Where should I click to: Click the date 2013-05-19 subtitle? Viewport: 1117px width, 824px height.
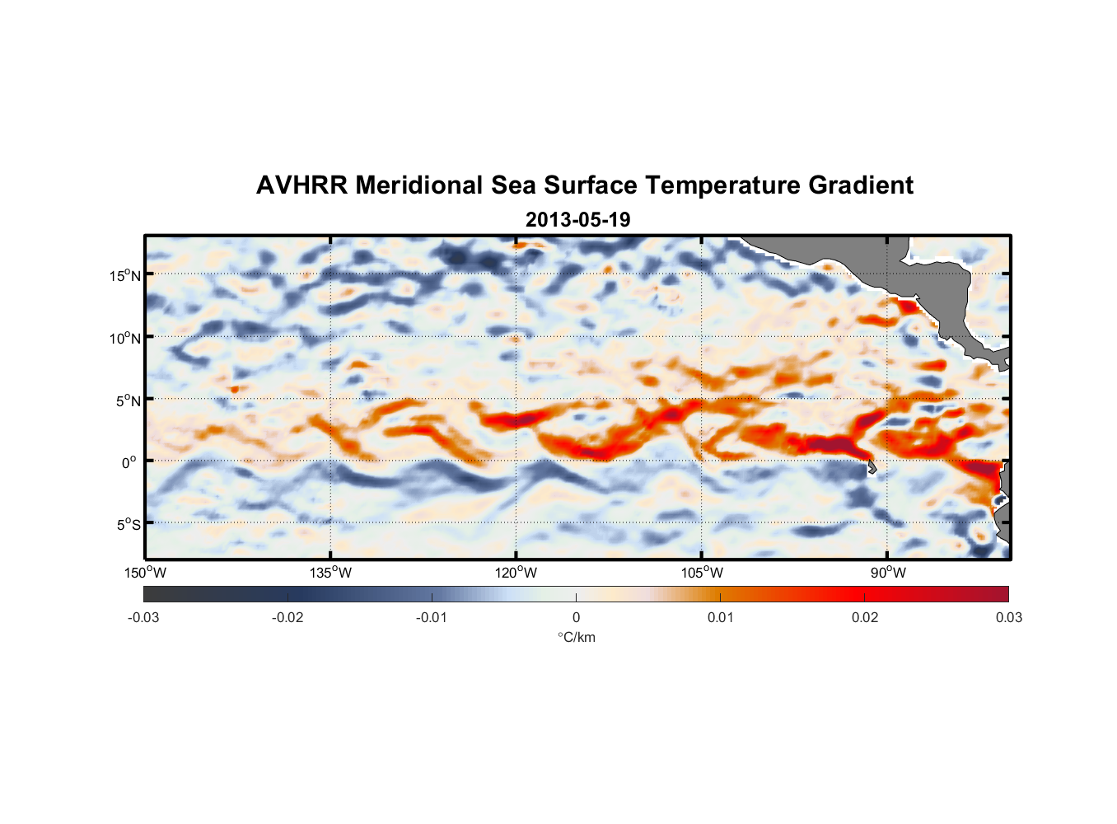pos(577,220)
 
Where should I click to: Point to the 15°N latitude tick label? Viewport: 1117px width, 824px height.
pos(125,275)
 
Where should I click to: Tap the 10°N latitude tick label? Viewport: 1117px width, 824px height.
pos(125,338)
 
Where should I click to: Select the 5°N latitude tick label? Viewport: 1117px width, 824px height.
pos(128,400)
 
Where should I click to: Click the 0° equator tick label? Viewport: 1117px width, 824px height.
pos(129,462)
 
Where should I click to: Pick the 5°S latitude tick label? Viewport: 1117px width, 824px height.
pos(128,525)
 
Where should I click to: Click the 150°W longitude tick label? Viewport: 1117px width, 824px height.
pos(145,573)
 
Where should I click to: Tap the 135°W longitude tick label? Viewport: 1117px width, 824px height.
pos(330,573)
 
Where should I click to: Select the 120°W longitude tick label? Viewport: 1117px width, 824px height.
pos(516,573)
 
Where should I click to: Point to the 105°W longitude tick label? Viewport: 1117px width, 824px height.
pos(702,573)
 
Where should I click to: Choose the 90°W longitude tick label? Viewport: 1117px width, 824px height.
pos(887,573)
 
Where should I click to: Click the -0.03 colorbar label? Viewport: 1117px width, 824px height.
pos(143,617)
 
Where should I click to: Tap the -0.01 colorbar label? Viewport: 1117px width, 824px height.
pos(432,617)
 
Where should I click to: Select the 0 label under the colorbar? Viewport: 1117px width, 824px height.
pos(576,617)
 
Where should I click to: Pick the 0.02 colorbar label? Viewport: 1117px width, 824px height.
pos(865,617)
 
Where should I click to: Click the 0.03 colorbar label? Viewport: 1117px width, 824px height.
pos(1008,617)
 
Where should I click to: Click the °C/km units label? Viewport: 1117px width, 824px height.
pos(576,637)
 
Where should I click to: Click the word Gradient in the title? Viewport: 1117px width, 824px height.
pos(861,185)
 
